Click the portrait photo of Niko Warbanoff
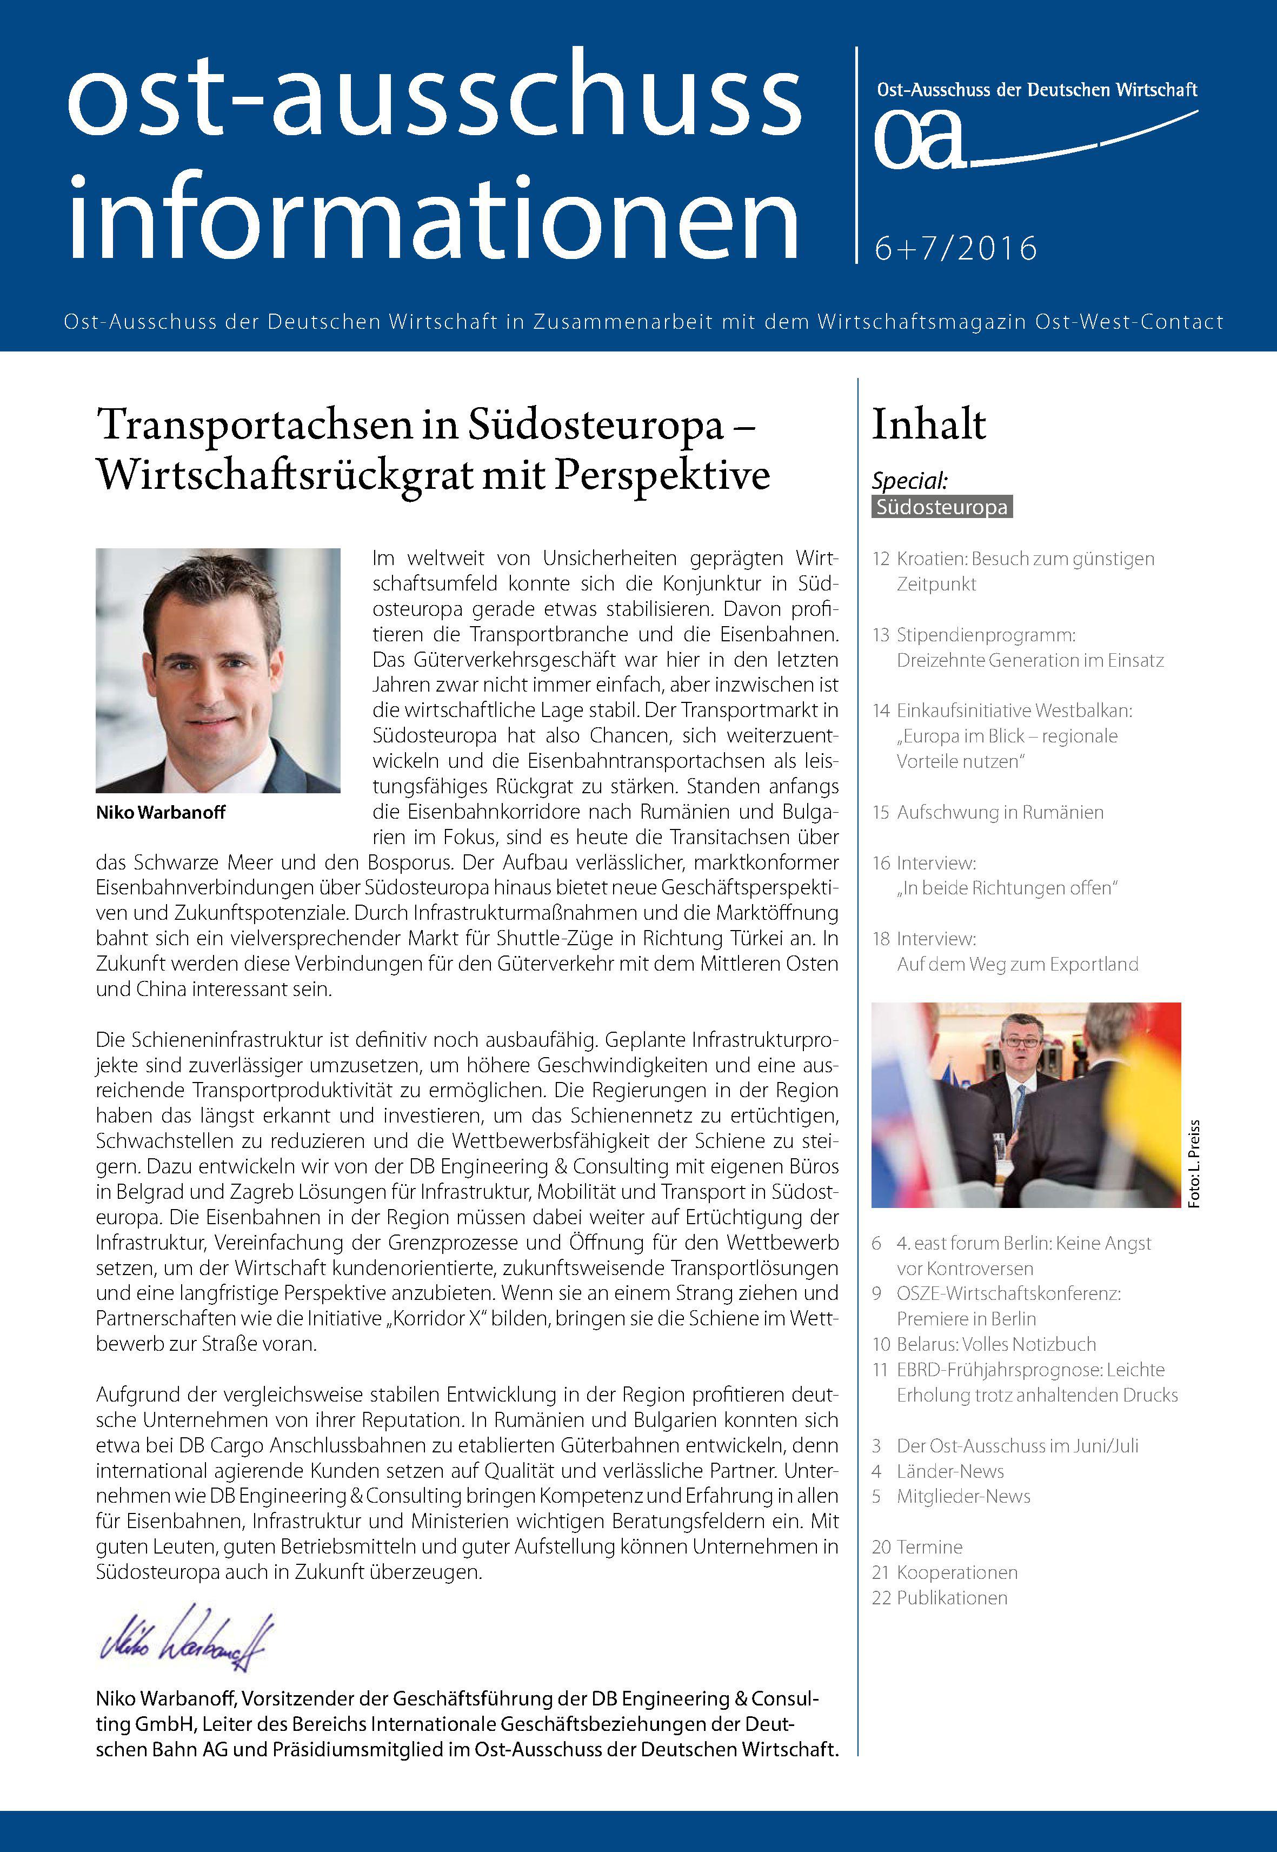(218, 670)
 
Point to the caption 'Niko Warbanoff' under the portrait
(160, 812)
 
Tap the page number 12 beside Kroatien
(880, 559)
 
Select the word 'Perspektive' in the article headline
(662, 475)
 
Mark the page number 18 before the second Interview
(880, 939)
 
